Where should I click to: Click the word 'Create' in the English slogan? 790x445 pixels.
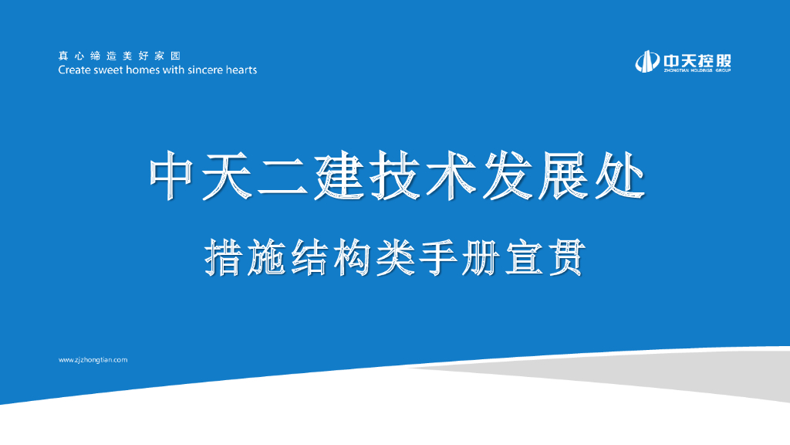[74, 70]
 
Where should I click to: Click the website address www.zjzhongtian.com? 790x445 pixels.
[93, 360]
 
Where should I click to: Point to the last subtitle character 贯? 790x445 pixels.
[568, 258]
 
